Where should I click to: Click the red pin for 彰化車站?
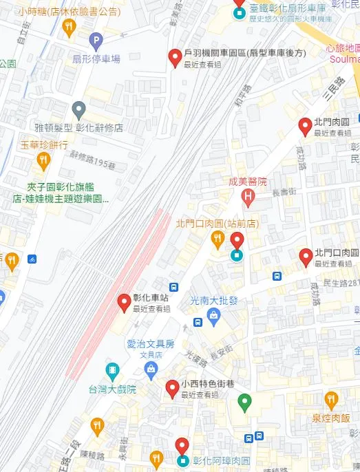pos(124,301)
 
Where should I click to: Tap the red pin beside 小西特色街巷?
pos(172,389)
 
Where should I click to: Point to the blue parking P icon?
pos(94,41)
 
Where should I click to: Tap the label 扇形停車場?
pos(96,58)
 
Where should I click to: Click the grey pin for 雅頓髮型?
pos(78,109)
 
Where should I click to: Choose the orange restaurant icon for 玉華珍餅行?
pos(43,161)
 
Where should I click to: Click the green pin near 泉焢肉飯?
pos(244,400)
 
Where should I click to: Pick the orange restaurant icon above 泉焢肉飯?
pos(331,400)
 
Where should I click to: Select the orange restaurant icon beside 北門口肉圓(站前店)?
pos(217,239)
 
